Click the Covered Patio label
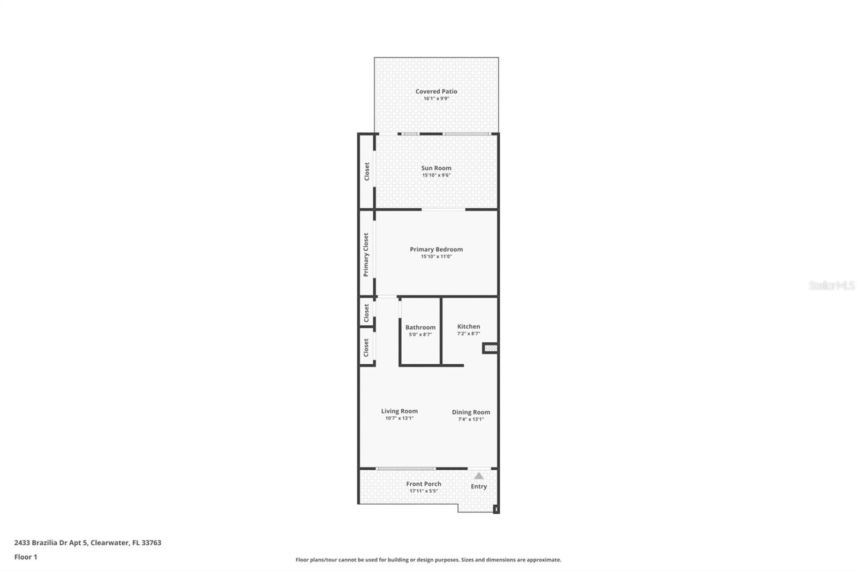coord(436,92)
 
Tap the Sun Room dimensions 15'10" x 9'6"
coord(436,175)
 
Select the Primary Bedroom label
coord(436,250)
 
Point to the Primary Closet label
coord(366,255)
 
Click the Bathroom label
coord(420,328)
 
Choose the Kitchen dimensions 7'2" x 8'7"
coord(469,334)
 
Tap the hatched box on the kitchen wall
coord(491,348)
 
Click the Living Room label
coord(400,411)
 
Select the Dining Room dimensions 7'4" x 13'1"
coord(471,419)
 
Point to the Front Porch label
coord(424,484)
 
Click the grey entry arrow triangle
coord(479,476)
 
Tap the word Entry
coord(479,487)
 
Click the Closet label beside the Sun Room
coord(366,171)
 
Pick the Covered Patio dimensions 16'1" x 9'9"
coord(436,99)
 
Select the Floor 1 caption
coord(26,557)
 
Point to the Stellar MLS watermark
coord(831,285)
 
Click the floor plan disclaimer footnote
coord(428,560)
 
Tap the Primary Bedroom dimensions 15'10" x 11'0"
coord(436,257)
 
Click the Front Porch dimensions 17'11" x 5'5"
coord(424,491)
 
